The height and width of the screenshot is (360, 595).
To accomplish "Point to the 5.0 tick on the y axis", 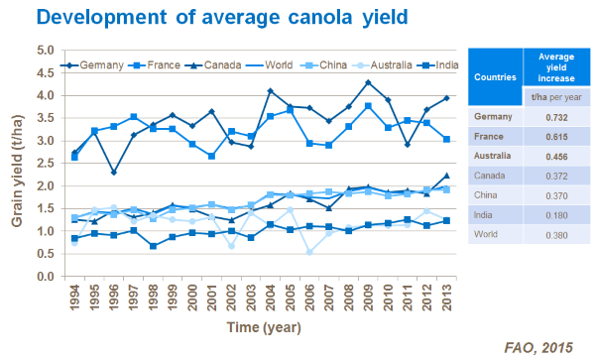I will click(x=45, y=50).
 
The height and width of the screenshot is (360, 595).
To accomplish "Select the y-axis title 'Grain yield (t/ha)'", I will click(x=17, y=164).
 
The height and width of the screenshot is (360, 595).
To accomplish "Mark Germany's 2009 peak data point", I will click(x=368, y=82).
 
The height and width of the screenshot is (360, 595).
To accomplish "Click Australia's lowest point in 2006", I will click(x=309, y=251).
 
